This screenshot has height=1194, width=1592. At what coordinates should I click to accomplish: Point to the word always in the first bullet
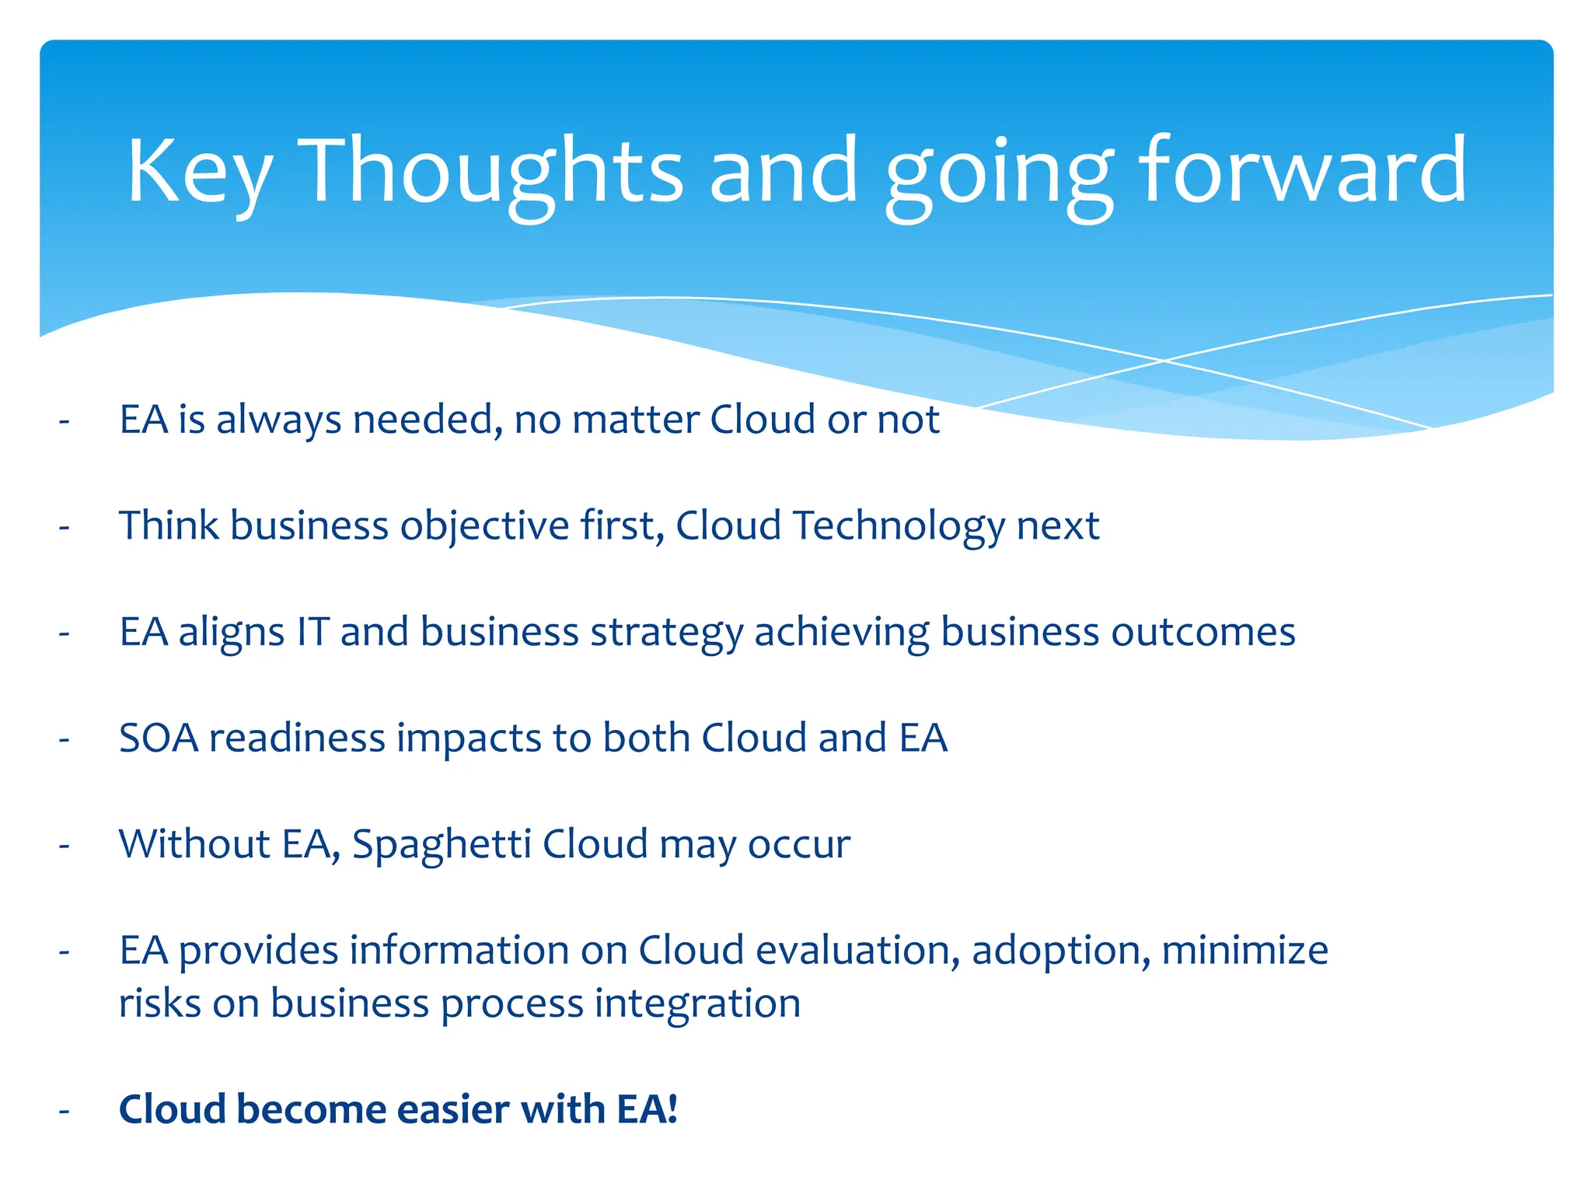coord(278,420)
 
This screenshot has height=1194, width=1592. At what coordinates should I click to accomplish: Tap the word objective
coord(485,527)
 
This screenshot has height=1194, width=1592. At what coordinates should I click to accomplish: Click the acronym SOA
coord(159,738)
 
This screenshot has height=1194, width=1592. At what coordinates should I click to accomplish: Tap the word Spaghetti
coord(442,845)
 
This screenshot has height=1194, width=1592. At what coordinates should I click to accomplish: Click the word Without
coord(194,844)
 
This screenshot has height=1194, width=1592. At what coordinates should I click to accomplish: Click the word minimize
coord(1245,950)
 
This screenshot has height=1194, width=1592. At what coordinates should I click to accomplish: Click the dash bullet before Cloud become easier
coord(65,1111)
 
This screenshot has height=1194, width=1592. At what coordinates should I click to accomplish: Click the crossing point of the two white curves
coord(1164,361)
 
